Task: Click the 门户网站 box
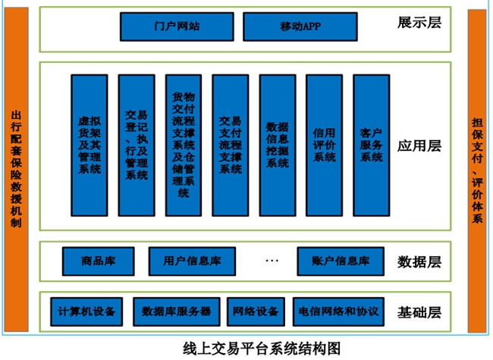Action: tap(176, 26)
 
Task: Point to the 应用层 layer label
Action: tap(419, 146)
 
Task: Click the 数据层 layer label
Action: tap(419, 262)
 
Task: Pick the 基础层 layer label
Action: tap(419, 311)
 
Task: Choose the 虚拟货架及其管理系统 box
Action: tap(89, 145)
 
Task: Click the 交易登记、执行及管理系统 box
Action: tap(137, 145)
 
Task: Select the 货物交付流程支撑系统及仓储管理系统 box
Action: tap(184, 145)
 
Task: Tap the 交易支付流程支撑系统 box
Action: tap(231, 145)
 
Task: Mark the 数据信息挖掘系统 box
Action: tap(278, 145)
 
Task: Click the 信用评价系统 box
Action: tap(325, 145)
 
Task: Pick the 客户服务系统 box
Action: tap(371, 145)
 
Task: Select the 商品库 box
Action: tap(98, 261)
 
